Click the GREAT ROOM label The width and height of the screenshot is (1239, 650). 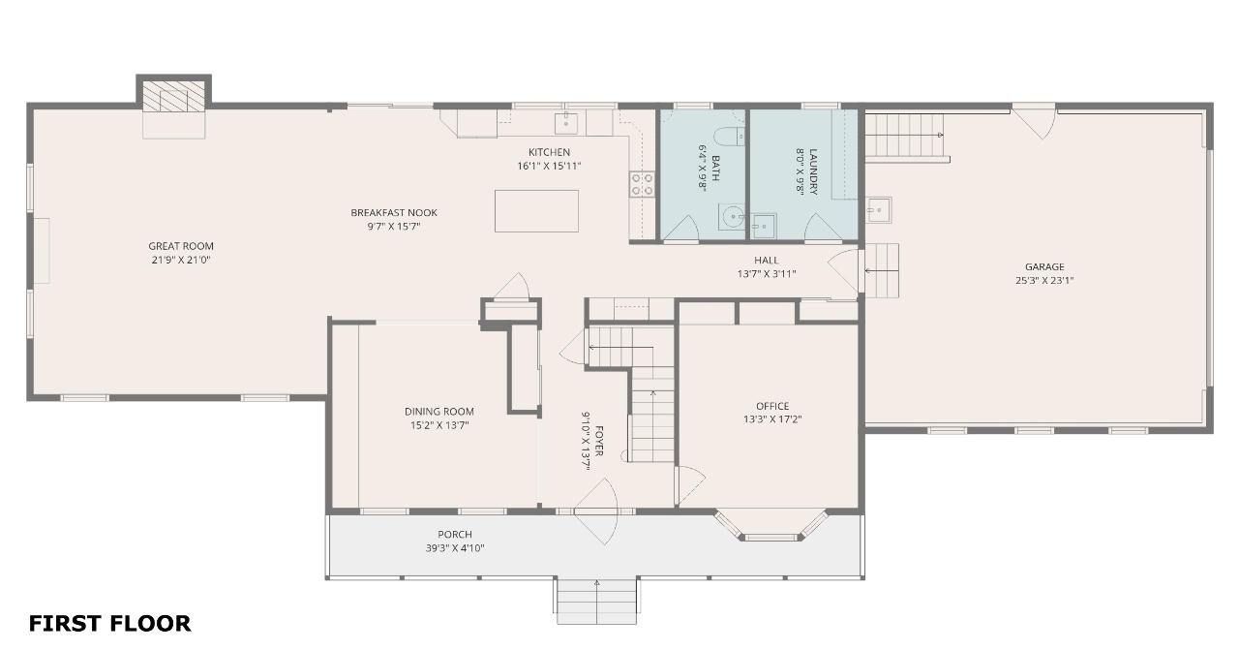click(181, 246)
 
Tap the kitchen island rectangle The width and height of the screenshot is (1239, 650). click(536, 211)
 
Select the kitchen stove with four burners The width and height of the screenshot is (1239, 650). click(642, 184)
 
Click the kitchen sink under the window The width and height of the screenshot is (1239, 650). click(566, 123)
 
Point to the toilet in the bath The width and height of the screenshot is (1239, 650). click(729, 137)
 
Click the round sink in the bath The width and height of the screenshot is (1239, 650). click(732, 216)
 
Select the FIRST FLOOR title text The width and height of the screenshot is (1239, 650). click(109, 624)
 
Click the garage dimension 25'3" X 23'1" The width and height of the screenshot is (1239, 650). click(1044, 281)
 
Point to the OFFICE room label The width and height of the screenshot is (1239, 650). click(772, 407)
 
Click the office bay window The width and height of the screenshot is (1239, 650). click(771, 526)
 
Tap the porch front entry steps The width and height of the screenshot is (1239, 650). click(597, 601)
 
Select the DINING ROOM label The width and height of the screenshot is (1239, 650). click(439, 412)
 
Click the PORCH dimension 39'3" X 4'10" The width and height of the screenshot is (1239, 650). click(455, 548)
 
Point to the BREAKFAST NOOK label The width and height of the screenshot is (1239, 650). click(394, 212)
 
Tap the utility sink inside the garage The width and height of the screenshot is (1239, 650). click(878, 210)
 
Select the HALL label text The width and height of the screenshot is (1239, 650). click(766, 261)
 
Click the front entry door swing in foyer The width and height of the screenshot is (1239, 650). click(595, 511)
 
